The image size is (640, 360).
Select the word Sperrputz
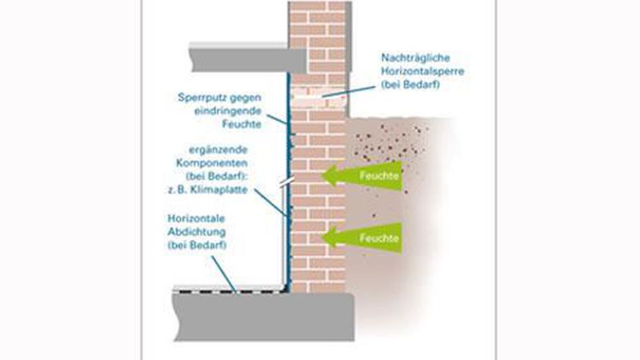(x=201, y=98)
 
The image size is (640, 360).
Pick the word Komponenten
(x=218, y=162)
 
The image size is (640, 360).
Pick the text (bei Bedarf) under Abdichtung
(x=197, y=243)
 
